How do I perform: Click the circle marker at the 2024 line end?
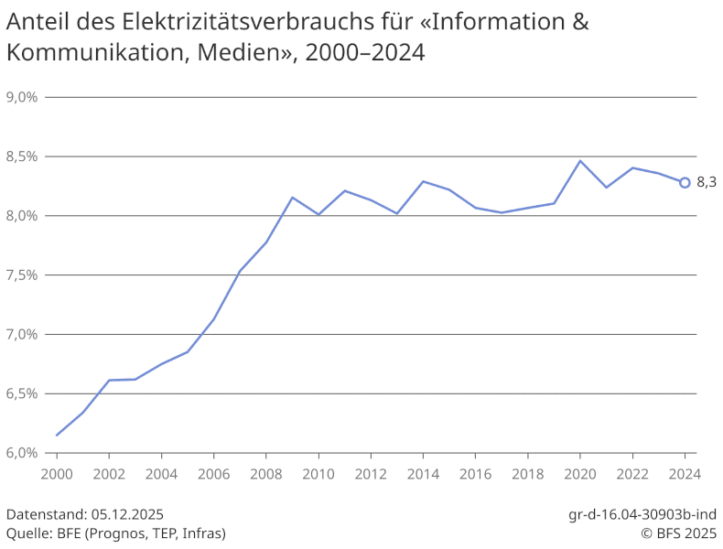point(685,182)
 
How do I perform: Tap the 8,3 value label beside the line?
point(706,182)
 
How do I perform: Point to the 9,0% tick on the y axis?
point(21,97)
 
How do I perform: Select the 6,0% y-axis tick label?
point(21,453)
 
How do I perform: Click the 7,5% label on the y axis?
point(21,274)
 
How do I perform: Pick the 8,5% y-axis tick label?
point(21,156)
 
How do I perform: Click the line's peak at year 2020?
point(580,161)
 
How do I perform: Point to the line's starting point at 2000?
point(57,435)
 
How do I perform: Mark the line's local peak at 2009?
point(292,198)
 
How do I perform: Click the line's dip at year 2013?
point(397,213)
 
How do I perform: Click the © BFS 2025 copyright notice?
point(677,533)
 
